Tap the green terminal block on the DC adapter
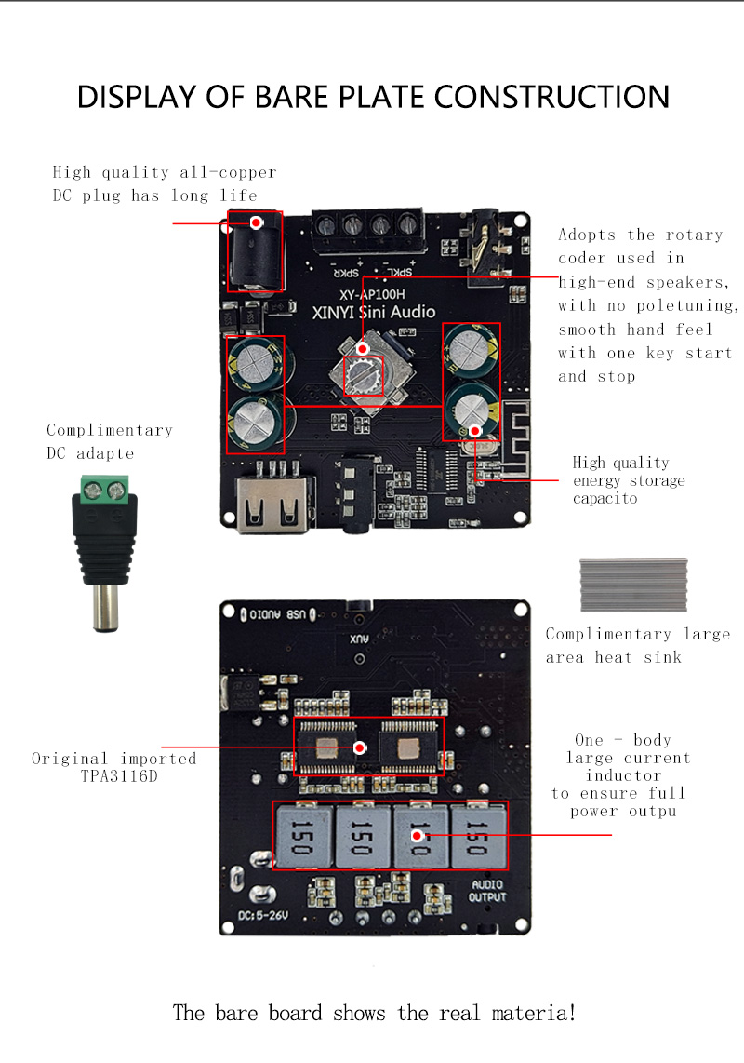coord(104,488)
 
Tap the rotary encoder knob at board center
coord(363,374)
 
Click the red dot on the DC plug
coord(257,222)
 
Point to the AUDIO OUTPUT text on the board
coord(487,891)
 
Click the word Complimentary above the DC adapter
coord(110,430)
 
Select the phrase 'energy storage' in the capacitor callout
coord(629,480)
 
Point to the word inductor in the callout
coord(623,775)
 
